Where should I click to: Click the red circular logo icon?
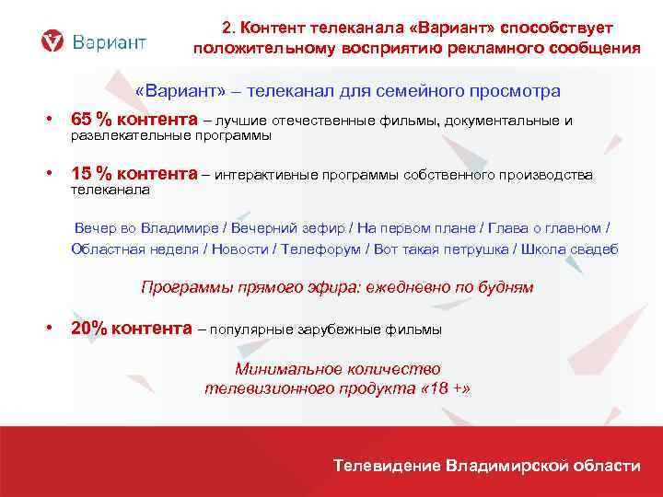(x=54, y=41)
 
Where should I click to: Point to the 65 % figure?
(x=90, y=120)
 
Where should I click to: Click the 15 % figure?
(x=90, y=174)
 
